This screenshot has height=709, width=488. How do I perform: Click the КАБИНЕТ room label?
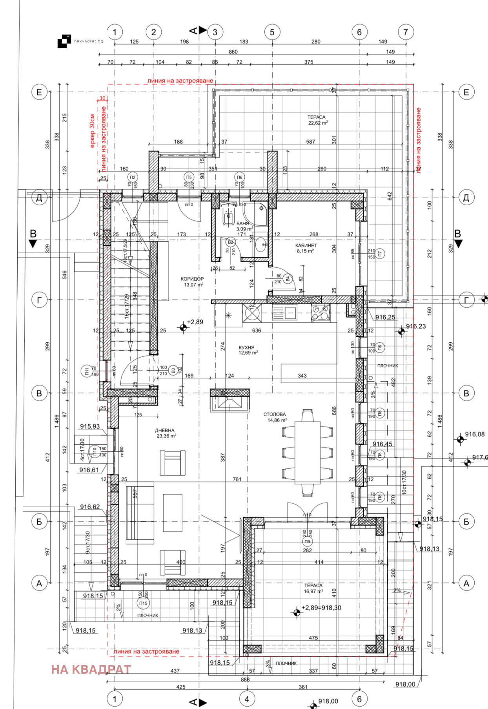(306, 246)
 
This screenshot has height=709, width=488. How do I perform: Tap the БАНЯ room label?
(243, 224)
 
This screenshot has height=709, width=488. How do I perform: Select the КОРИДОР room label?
(192, 279)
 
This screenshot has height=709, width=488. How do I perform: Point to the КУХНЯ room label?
(247, 348)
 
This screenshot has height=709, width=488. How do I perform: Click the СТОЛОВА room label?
(275, 415)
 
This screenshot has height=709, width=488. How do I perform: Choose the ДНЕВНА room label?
(165, 431)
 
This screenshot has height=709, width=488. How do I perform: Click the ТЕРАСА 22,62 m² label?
(317, 117)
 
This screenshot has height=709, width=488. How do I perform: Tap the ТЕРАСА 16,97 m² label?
(313, 586)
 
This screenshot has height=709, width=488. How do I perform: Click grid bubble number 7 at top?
(406, 32)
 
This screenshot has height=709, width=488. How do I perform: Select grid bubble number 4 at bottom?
(247, 699)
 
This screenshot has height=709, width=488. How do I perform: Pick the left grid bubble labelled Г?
(39, 300)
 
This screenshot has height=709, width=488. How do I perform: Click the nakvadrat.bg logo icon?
(64, 41)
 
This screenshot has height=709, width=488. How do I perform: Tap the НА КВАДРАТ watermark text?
(91, 669)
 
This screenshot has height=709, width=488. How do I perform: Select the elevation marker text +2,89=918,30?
(321, 608)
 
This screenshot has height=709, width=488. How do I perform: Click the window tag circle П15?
(143, 603)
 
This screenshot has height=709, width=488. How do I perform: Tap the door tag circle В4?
(288, 279)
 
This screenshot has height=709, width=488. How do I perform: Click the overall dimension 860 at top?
(233, 52)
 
